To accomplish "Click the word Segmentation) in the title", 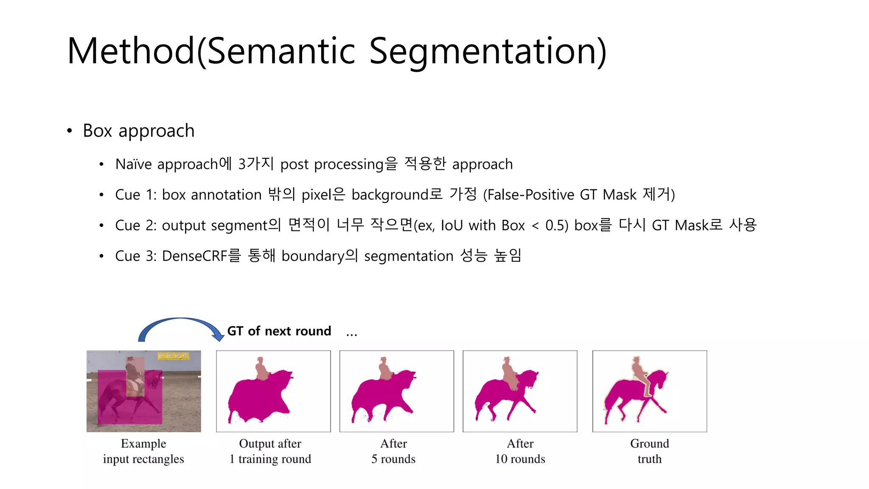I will click(x=488, y=52).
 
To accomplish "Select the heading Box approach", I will click(x=138, y=131).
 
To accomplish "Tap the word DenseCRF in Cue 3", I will click(x=195, y=256).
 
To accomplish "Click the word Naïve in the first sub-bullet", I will click(x=133, y=164).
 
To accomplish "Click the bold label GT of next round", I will click(x=279, y=331).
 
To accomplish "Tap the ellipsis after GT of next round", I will click(x=351, y=334).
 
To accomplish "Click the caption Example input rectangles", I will click(x=143, y=451).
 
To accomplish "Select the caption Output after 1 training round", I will click(x=270, y=451).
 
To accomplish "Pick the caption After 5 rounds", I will click(x=393, y=451).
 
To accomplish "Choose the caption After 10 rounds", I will click(x=520, y=451).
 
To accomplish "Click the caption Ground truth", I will click(x=649, y=451).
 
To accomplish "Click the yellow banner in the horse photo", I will click(x=173, y=356).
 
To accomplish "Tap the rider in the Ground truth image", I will click(x=639, y=371).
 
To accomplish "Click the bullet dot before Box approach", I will click(x=70, y=131).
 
